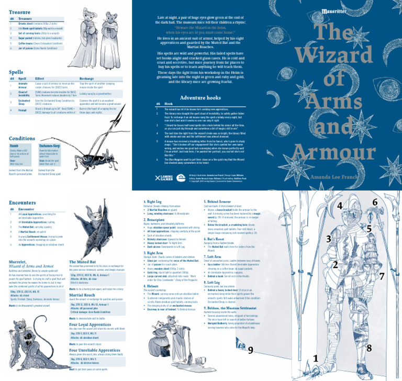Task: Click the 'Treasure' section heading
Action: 19,12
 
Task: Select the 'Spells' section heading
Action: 16,72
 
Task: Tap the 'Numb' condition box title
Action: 14,146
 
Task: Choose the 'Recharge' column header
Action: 87,79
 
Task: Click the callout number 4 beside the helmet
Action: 340,206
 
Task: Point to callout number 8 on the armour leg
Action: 369,348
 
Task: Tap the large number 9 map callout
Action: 250,350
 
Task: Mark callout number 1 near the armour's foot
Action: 315,358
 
